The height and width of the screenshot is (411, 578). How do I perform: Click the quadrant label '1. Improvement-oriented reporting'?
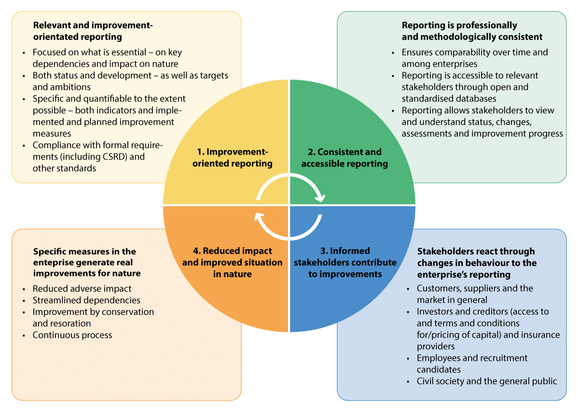(x=233, y=157)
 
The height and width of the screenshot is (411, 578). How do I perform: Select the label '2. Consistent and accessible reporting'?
(x=344, y=157)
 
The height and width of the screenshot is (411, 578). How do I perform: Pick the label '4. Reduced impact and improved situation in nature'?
(x=232, y=262)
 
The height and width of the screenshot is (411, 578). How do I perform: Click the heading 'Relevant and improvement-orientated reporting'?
(x=93, y=30)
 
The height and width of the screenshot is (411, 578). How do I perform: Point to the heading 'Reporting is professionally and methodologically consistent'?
(x=472, y=31)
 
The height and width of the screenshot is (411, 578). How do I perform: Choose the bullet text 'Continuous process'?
(x=72, y=335)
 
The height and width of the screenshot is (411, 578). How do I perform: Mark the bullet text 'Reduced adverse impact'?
(x=82, y=288)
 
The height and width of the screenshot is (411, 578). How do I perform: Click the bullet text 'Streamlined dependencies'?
(x=86, y=300)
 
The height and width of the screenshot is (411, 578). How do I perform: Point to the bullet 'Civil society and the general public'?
(x=487, y=381)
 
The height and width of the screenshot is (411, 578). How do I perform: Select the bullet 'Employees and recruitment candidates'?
(x=472, y=364)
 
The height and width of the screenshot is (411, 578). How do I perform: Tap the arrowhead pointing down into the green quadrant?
(x=319, y=198)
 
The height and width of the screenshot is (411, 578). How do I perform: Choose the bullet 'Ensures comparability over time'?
(x=475, y=52)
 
